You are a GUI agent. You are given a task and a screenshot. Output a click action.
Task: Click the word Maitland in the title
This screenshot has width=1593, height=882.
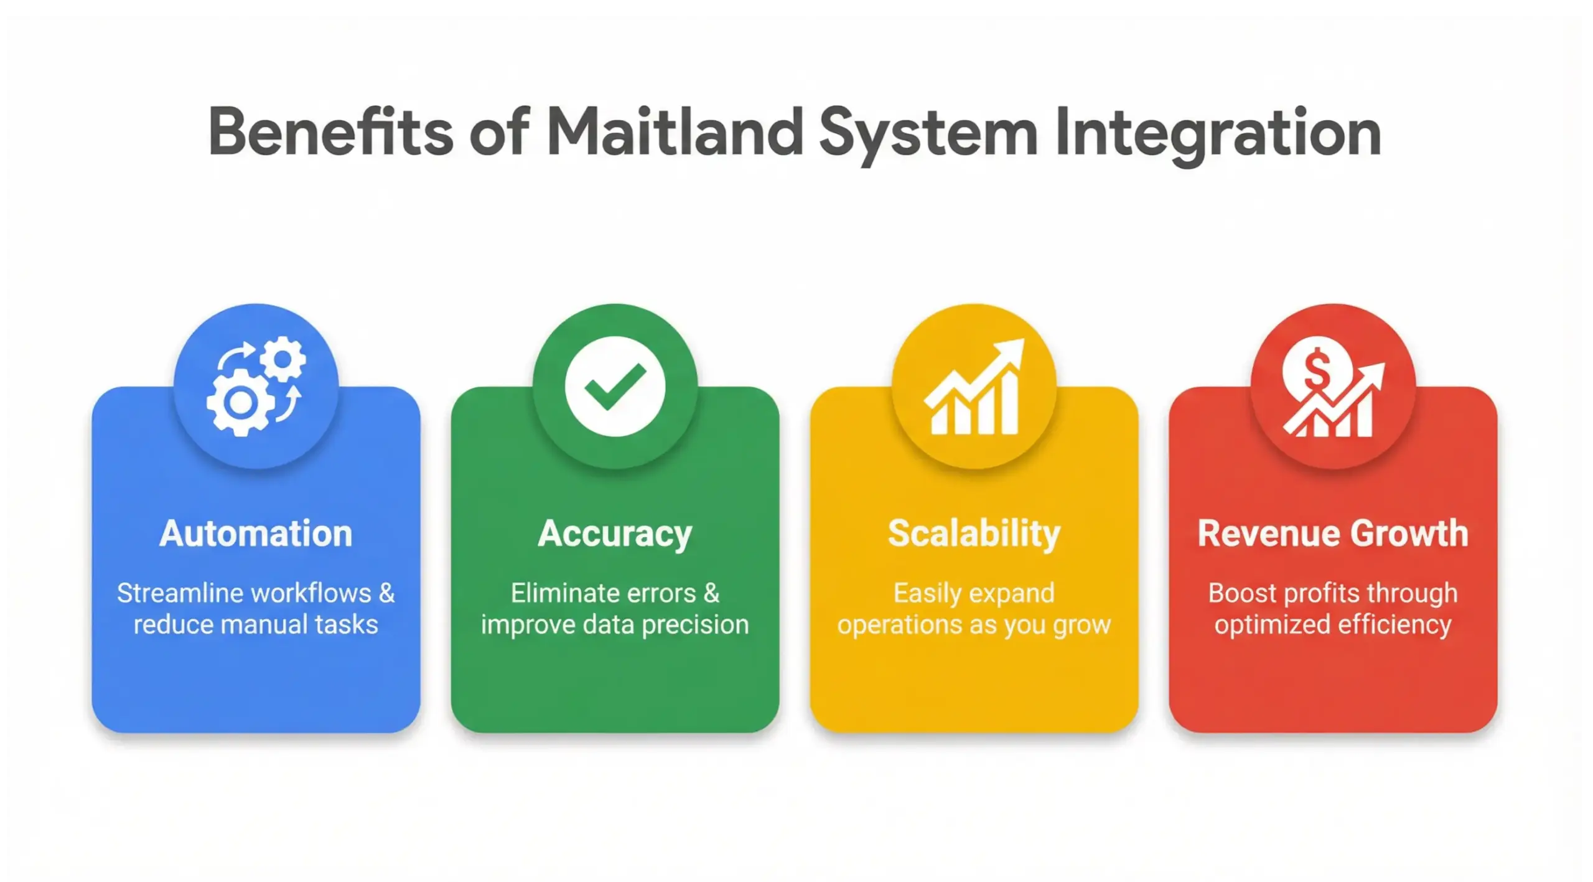coord(676,132)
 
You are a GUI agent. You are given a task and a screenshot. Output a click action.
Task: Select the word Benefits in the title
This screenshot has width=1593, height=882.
coord(330,132)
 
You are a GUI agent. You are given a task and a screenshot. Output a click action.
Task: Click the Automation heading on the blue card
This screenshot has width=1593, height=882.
coord(256,533)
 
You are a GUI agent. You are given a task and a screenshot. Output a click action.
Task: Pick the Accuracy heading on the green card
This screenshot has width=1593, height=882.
coord(615,534)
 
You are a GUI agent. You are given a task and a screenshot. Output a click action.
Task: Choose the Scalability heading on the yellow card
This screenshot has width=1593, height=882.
coord(974,533)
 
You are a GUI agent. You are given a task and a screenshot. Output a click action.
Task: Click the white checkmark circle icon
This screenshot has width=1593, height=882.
coord(615,386)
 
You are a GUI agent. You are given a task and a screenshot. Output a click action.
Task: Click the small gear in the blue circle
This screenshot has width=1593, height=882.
coord(283,359)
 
